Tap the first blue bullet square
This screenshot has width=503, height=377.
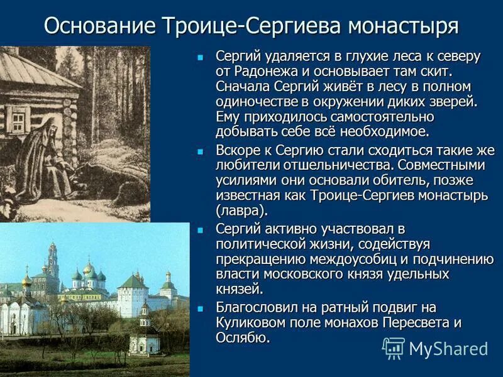click(x=201, y=57)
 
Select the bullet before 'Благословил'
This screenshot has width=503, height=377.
click(x=201, y=309)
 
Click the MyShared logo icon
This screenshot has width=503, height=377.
click(x=394, y=348)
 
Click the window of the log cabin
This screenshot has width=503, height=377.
click(x=17, y=119)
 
